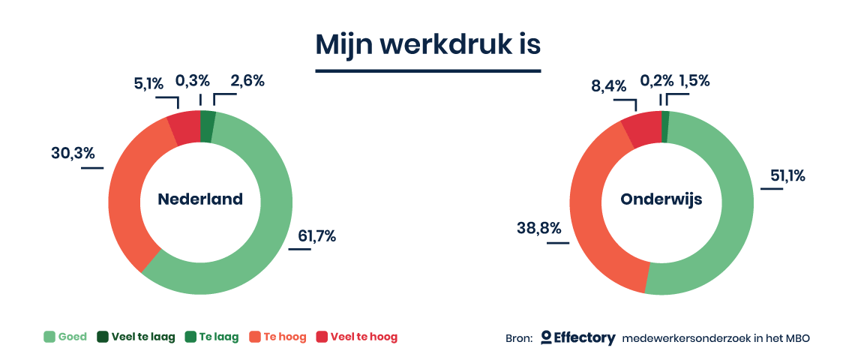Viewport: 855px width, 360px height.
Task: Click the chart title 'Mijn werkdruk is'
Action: (x=428, y=45)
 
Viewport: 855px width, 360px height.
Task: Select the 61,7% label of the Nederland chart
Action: (x=316, y=236)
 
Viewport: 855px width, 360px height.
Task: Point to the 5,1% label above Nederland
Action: (x=148, y=83)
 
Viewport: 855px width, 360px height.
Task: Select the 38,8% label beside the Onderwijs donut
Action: (x=538, y=229)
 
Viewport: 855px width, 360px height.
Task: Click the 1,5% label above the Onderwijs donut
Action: (x=694, y=81)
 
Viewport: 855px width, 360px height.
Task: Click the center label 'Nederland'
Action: (x=200, y=199)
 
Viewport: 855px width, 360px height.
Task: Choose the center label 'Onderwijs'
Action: (x=661, y=199)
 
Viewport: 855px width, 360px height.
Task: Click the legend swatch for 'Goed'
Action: (x=49, y=337)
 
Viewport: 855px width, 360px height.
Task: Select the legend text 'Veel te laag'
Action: (x=143, y=337)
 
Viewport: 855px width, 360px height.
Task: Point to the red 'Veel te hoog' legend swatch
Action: (x=322, y=337)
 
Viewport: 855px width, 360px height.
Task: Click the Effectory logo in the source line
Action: (x=578, y=337)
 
